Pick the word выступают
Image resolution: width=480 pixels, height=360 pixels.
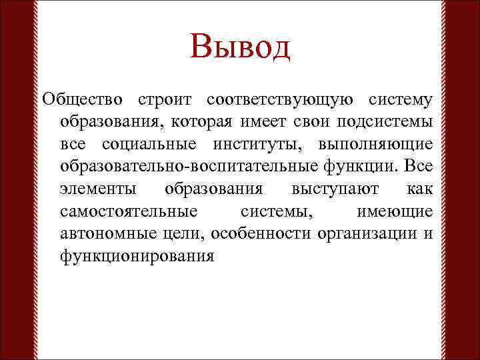point(331,189)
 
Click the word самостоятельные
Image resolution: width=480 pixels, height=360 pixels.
point(128,211)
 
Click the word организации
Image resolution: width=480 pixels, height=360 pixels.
point(365,233)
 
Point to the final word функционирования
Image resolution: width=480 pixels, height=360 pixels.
point(137,256)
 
